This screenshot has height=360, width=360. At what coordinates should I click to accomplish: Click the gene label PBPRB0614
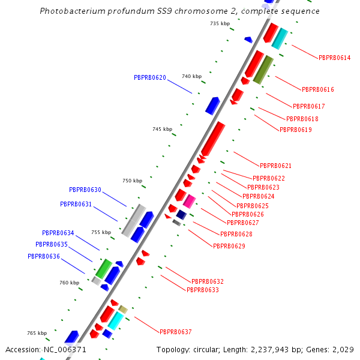pos(335,58)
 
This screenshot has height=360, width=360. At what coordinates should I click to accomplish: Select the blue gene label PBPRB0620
pos(150,77)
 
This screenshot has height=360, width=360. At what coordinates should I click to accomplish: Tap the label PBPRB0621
pos(275,166)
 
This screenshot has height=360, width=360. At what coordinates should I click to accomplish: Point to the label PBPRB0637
pos(175,332)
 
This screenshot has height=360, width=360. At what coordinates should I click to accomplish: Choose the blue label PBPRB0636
pos(44,256)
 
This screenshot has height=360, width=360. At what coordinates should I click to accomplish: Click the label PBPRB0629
pos(229,246)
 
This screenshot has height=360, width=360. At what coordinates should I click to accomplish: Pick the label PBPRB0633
pos(202,290)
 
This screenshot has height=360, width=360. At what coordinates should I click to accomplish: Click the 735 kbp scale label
pos(220,23)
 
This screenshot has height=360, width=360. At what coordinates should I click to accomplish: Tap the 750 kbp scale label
pos(132,181)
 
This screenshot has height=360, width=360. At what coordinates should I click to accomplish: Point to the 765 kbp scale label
pos(37,333)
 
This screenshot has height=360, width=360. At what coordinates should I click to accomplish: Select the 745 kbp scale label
pos(162,129)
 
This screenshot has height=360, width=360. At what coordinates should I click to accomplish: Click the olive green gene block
pos(263,70)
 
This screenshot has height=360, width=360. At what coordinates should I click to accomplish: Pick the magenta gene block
pos(189,201)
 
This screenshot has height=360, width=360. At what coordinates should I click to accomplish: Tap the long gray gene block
pos(133,220)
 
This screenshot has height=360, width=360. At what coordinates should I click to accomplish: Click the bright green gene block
pos(104,268)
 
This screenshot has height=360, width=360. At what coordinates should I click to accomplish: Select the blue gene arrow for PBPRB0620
pos(212,105)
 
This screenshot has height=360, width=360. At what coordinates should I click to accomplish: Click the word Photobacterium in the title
pos(71,11)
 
